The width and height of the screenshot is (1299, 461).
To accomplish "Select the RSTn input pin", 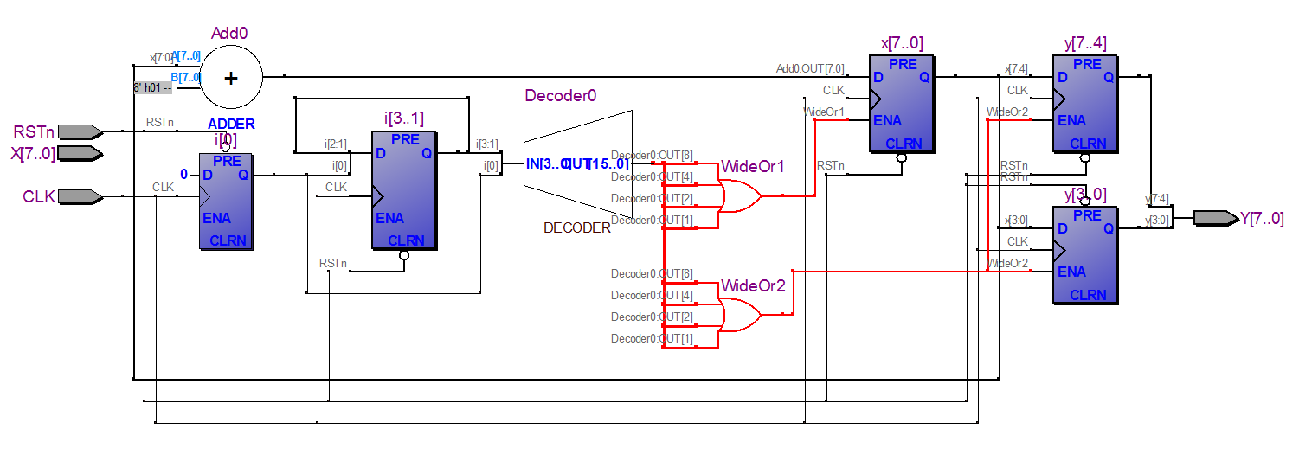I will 82,131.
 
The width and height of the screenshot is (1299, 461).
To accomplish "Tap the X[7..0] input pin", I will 82,154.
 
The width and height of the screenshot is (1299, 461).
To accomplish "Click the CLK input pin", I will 82,197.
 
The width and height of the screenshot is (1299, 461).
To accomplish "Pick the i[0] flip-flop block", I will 226,202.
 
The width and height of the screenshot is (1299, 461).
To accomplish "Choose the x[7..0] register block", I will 902,104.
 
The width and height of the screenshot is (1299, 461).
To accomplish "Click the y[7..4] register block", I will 1084,104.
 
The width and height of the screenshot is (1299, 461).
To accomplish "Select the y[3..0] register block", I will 1084,255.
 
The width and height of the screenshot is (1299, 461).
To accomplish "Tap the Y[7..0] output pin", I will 1215,218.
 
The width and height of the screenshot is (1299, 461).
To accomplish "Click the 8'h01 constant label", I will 152,87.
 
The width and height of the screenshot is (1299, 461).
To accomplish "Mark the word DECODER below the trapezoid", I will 576,228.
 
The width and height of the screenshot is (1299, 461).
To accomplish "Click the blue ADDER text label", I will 231,125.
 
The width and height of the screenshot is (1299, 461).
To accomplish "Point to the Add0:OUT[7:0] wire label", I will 810,69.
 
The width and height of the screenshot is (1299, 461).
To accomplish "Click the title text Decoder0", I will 560,95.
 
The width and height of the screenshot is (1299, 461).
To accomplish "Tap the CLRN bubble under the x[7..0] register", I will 902,158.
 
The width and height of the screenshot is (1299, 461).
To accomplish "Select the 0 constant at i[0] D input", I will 183,175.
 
